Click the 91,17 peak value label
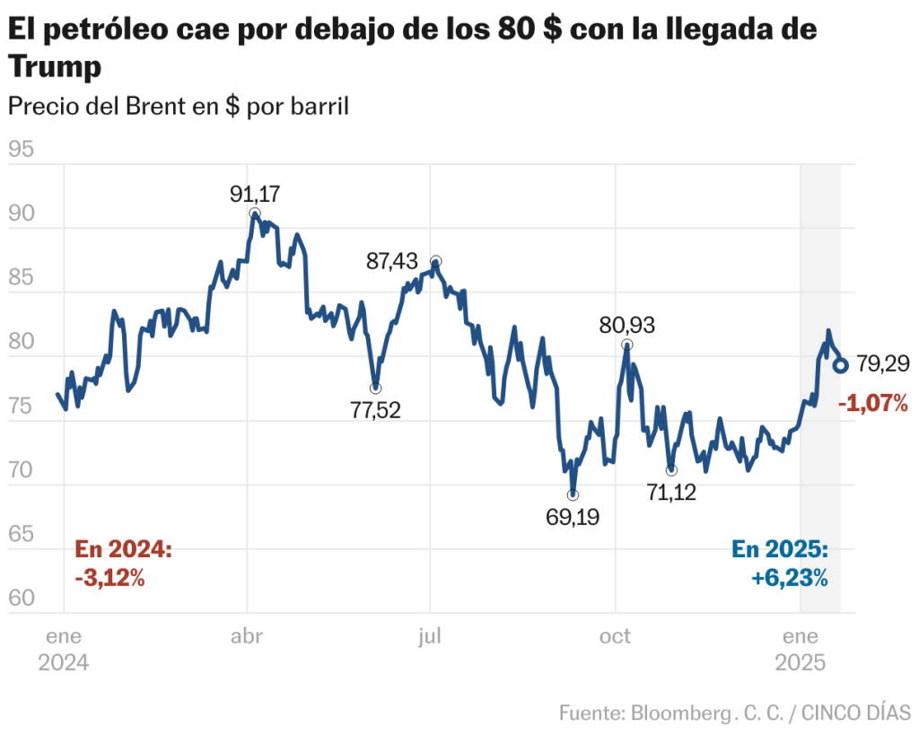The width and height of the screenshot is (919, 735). pyautogui.click(x=255, y=194)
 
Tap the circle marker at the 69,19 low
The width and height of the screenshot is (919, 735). pyautogui.click(x=573, y=494)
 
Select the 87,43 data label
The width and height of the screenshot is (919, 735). pyautogui.click(x=391, y=261)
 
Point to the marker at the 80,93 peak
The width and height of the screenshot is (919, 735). pyautogui.click(x=626, y=345)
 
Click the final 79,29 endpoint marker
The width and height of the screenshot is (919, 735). pyautogui.click(x=841, y=365)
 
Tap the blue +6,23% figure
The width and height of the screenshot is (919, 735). pyautogui.click(x=789, y=578)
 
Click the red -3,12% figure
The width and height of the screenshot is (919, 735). pyautogui.click(x=110, y=578)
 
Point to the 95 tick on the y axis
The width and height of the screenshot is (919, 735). pyautogui.click(x=21, y=149)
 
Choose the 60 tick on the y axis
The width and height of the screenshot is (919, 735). pyautogui.click(x=21, y=598)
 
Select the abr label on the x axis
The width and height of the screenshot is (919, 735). pyautogui.click(x=247, y=636)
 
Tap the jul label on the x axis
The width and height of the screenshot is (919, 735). pyautogui.click(x=430, y=636)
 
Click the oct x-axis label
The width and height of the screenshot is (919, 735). pyautogui.click(x=616, y=636)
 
